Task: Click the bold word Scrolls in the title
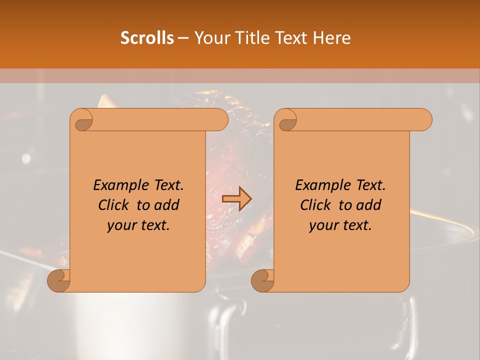point(147,38)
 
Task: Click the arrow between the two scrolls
point(237,199)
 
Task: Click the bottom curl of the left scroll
point(59,280)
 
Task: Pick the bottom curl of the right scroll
point(263,280)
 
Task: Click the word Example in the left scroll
point(118,185)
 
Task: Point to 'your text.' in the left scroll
point(138,225)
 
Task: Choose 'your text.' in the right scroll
point(340,225)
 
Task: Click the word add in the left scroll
point(167,205)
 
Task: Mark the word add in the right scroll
point(369,205)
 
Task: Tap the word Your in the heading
point(210,38)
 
